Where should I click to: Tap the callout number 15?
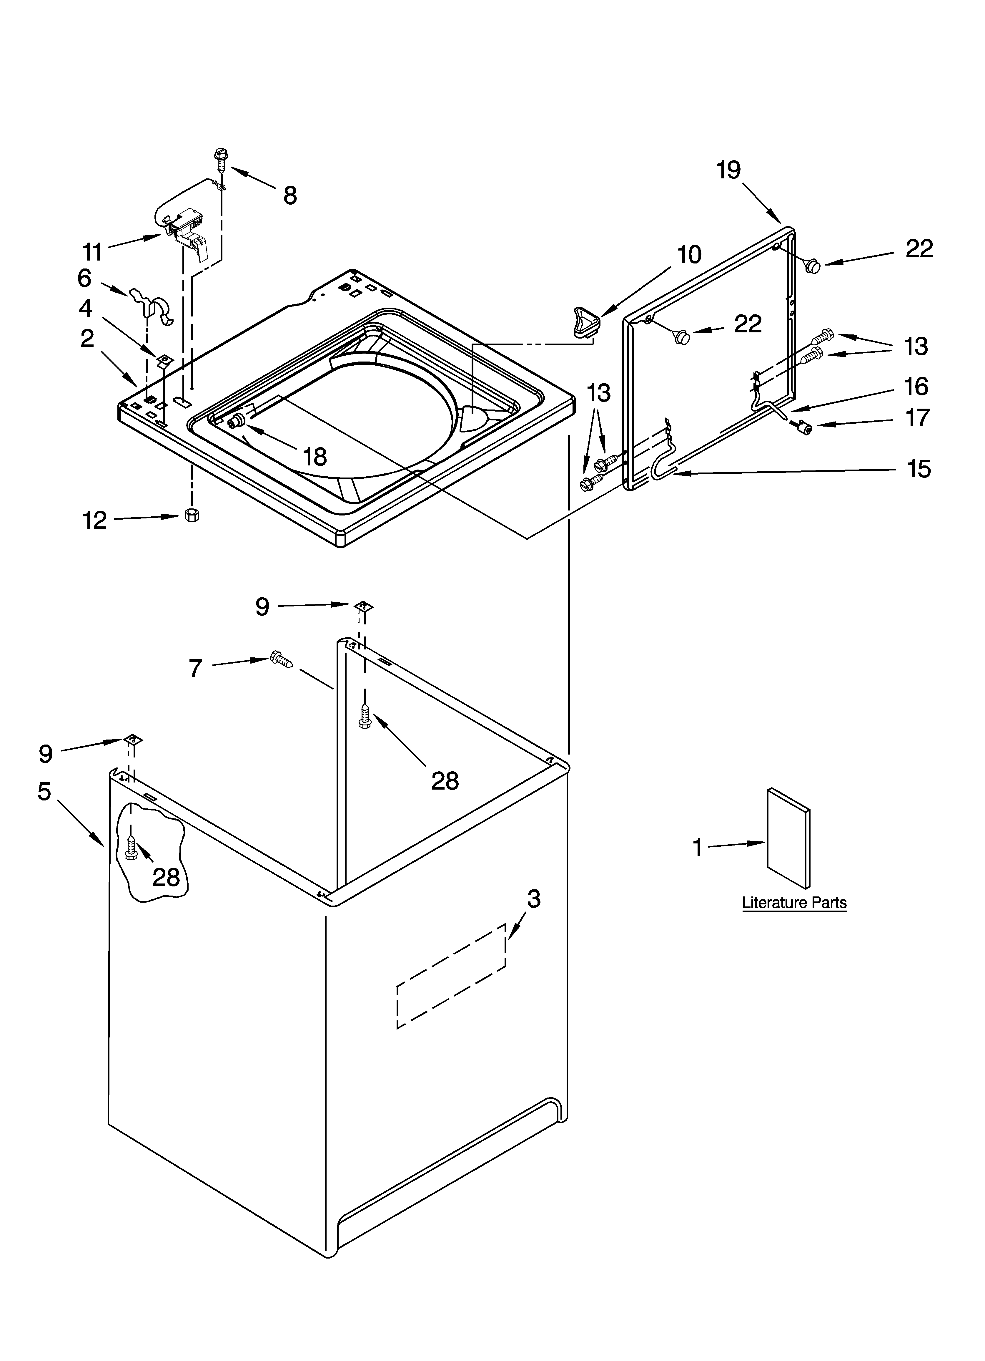(x=919, y=469)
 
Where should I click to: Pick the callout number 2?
(x=88, y=339)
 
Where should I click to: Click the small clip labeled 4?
(x=164, y=360)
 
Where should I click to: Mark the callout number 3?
(x=533, y=899)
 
